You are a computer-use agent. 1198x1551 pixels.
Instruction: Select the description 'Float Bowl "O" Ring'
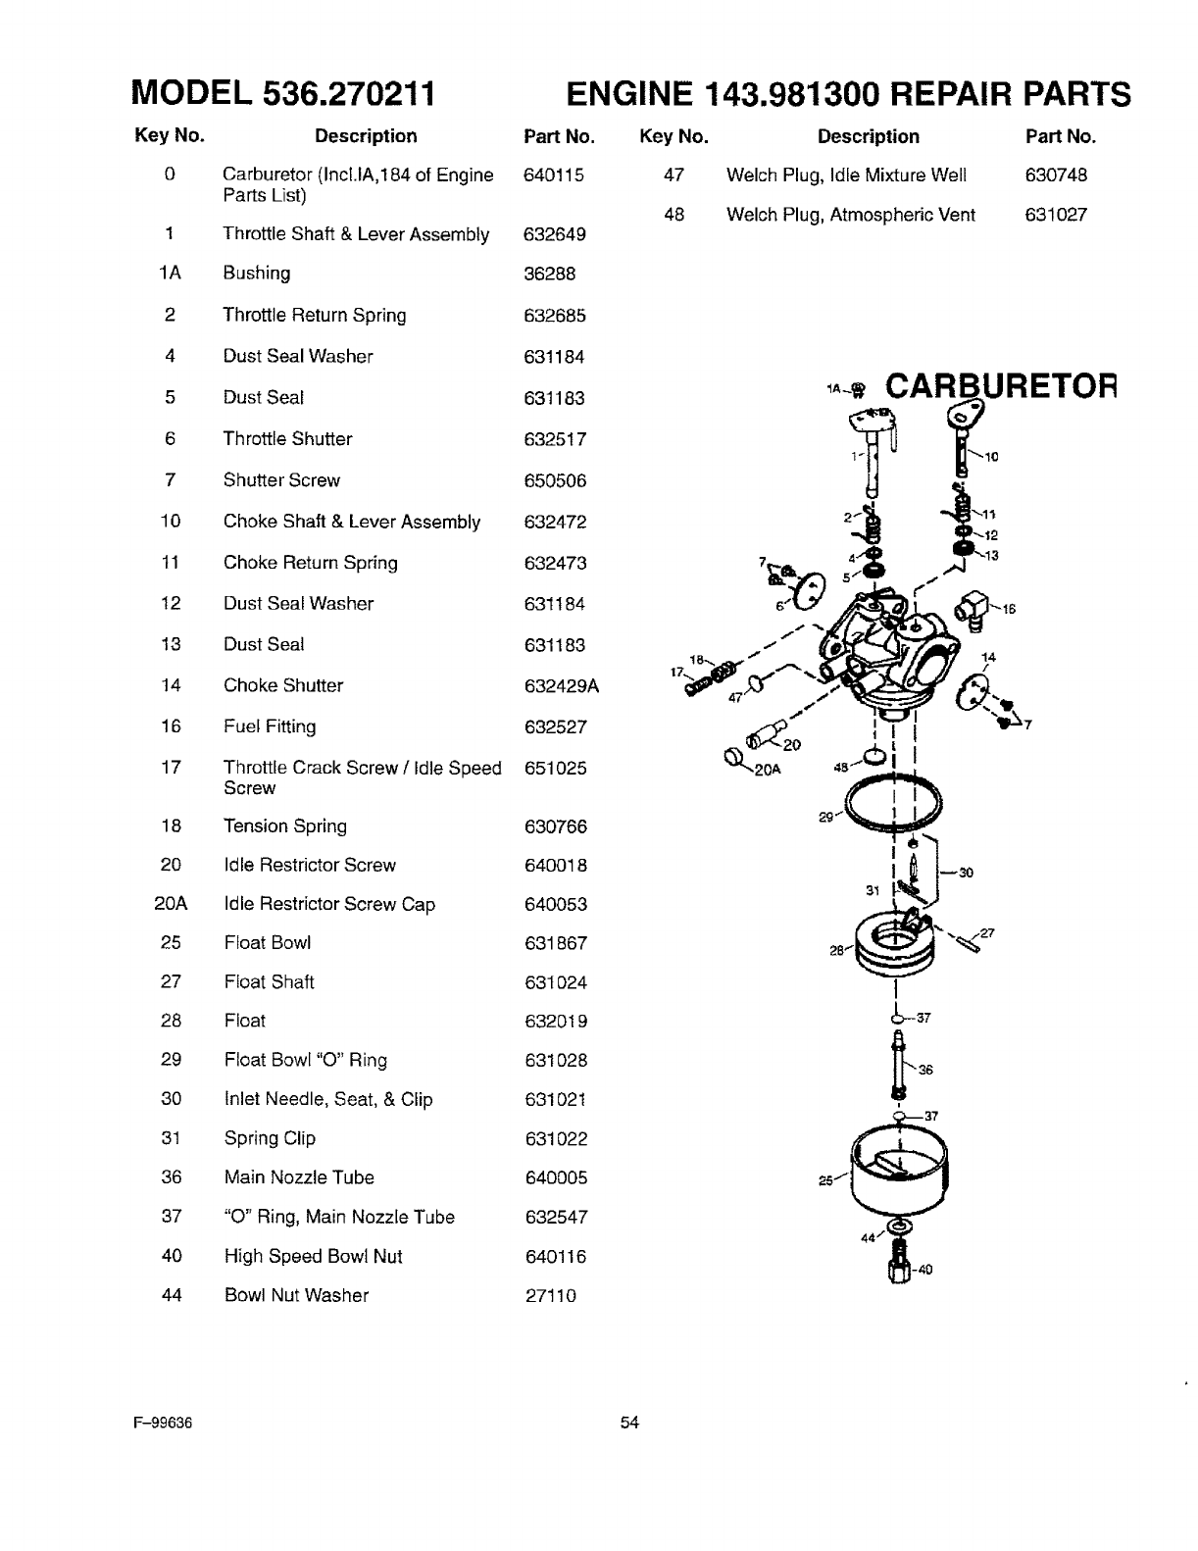(305, 1060)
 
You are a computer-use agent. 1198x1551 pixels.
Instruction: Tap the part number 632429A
(561, 686)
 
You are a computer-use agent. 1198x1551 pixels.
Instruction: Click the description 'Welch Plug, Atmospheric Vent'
(850, 215)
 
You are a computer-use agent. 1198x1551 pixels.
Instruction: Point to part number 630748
(1056, 175)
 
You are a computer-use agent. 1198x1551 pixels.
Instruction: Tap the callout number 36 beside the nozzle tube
(924, 1070)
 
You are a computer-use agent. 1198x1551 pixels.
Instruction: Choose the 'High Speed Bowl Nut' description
(313, 1256)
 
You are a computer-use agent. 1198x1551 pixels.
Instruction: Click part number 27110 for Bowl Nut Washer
(550, 1296)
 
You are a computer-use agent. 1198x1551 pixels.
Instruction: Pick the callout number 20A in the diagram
(767, 770)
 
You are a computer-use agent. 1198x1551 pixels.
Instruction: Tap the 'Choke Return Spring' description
(310, 563)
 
